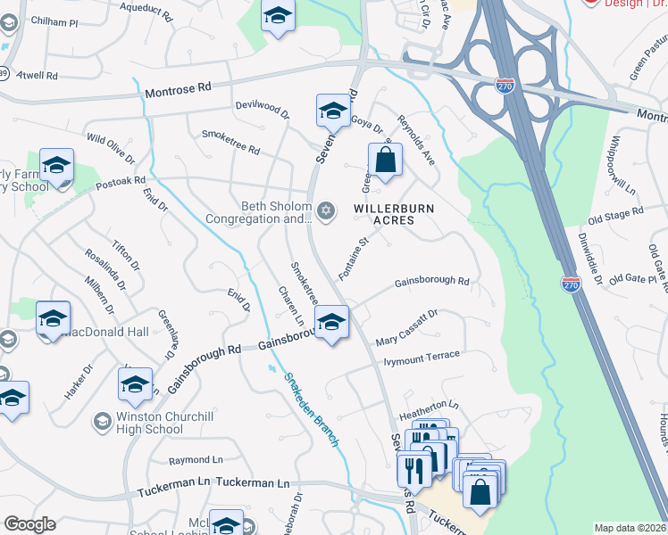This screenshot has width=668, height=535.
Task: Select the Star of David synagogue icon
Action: (326, 210)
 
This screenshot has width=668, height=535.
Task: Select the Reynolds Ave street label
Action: (416, 140)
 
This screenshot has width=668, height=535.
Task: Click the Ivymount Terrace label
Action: (422, 358)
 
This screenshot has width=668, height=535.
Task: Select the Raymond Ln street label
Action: (196, 460)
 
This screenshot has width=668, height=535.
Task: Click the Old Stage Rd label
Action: (615, 214)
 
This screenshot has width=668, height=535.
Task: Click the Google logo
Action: (29, 524)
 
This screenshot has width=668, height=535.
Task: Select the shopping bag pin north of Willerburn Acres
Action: (386, 160)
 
